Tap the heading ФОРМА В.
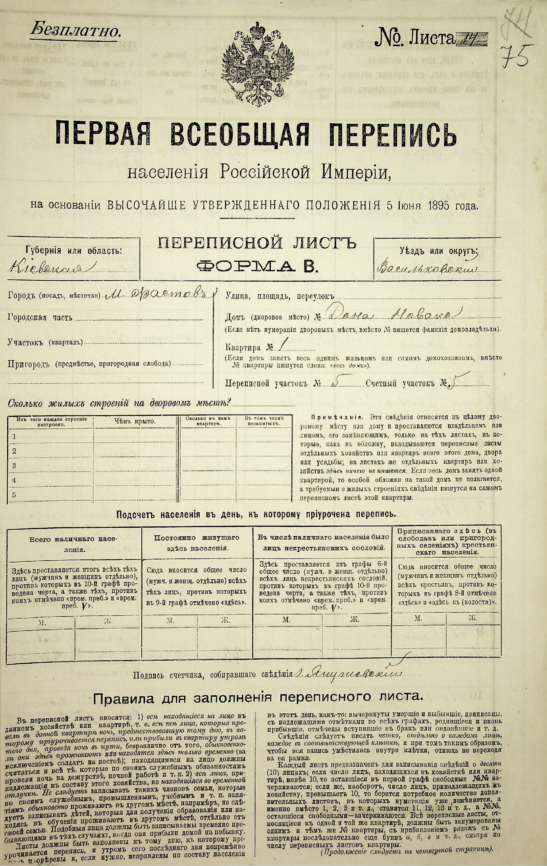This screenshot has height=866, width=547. [257, 266]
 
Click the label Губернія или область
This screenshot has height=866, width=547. [73, 250]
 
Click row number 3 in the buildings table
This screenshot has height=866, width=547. [15, 465]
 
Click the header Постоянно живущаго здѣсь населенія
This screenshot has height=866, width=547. [197, 543]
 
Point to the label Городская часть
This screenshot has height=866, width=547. [40, 317]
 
